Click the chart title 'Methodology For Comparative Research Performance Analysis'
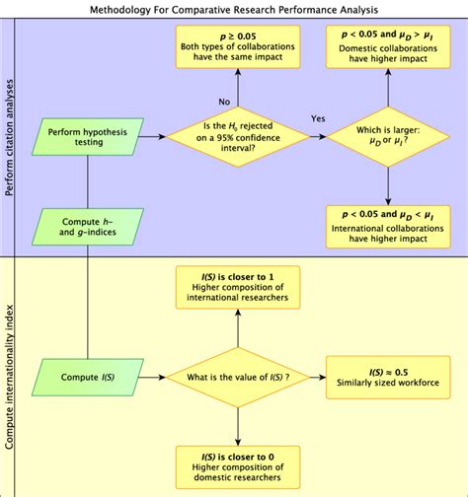234,9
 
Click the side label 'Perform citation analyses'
10,138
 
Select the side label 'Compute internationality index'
10,377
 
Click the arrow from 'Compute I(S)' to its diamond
148,377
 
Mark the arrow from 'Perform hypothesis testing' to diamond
148,137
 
